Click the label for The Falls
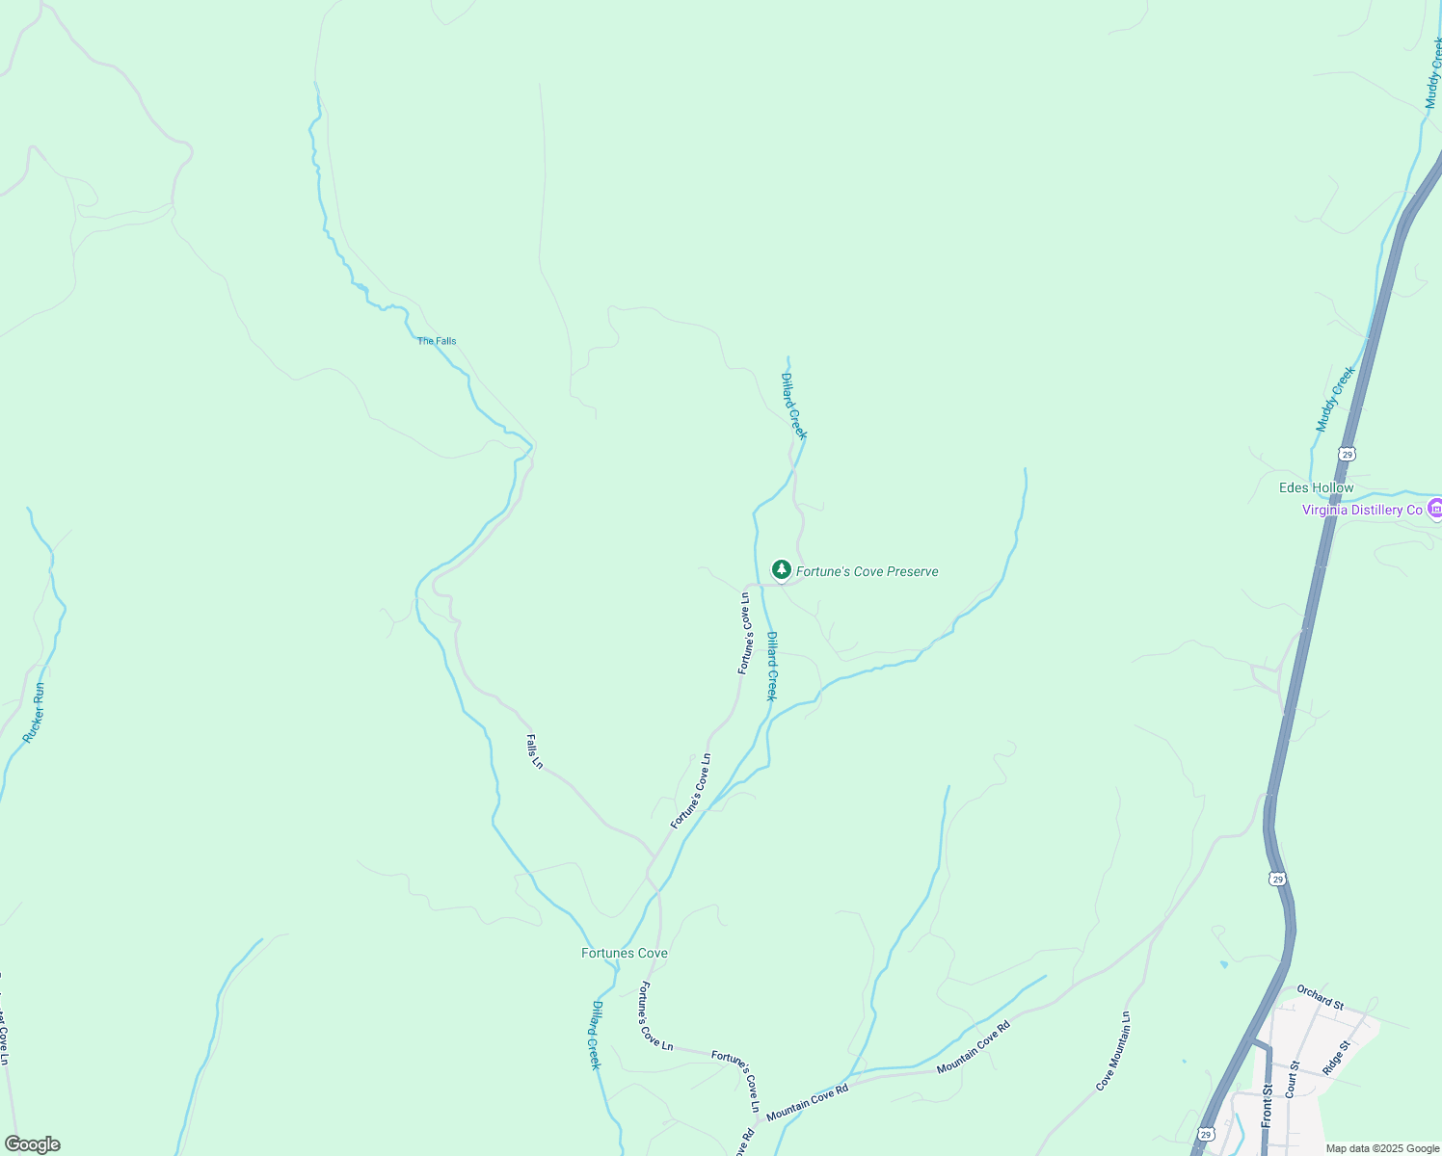[x=437, y=341]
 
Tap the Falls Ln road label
[x=535, y=751]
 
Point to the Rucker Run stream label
[x=35, y=712]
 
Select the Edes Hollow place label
[x=1316, y=488]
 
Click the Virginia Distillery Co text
[x=1362, y=510]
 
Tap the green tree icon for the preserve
[x=782, y=570]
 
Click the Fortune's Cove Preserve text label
[x=867, y=571]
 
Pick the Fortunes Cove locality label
[x=624, y=953]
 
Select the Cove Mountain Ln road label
[x=1113, y=1051]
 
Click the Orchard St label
[x=1320, y=997]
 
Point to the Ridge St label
[x=1337, y=1057]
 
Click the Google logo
[x=32, y=1144]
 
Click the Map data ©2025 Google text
[x=1382, y=1148]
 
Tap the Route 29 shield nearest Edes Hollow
[x=1347, y=453]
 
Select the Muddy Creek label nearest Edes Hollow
[x=1336, y=398]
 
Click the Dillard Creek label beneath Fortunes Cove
[x=596, y=1036]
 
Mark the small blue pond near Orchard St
[x=1223, y=963]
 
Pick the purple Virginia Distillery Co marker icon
[x=1434, y=509]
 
